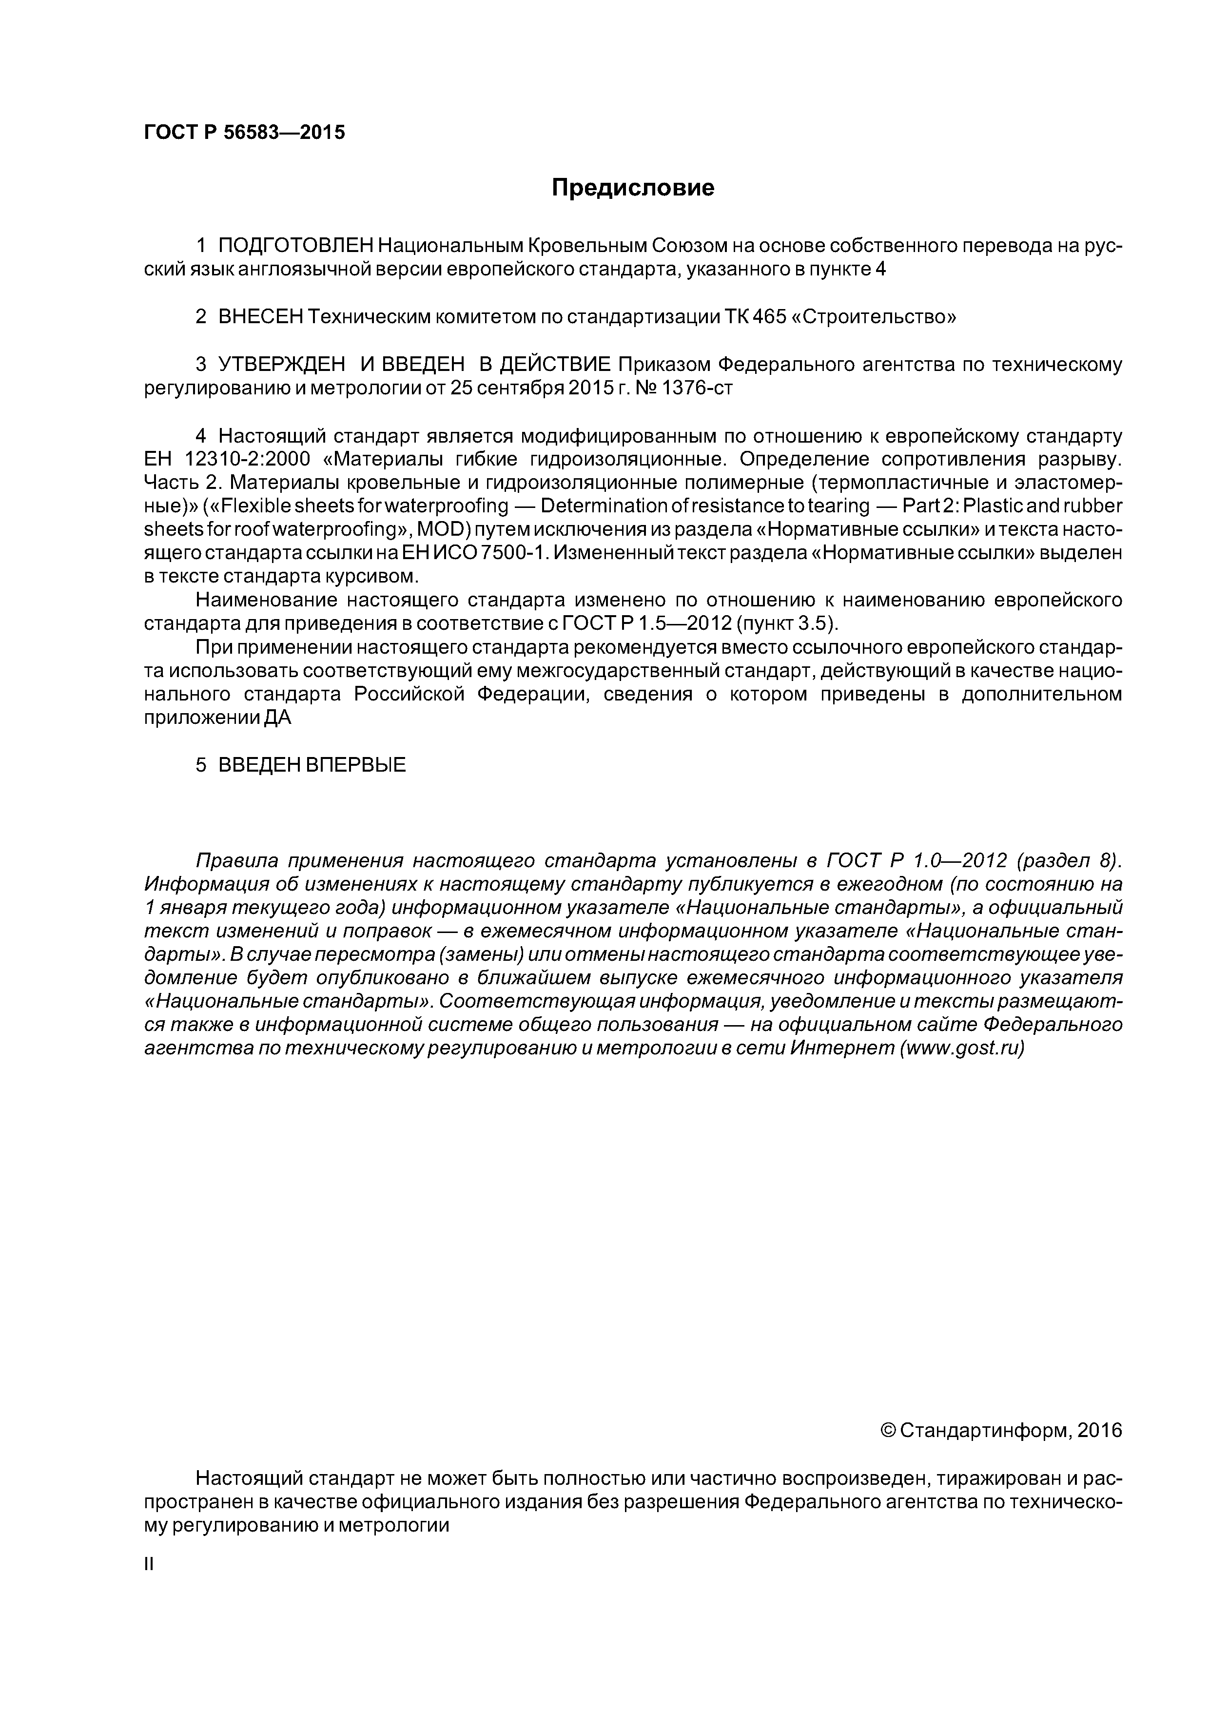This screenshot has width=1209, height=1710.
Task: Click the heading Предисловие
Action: (x=632, y=188)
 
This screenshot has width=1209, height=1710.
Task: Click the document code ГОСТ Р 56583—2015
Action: (x=244, y=133)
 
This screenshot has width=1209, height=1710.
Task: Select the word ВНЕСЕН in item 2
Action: (x=261, y=316)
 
